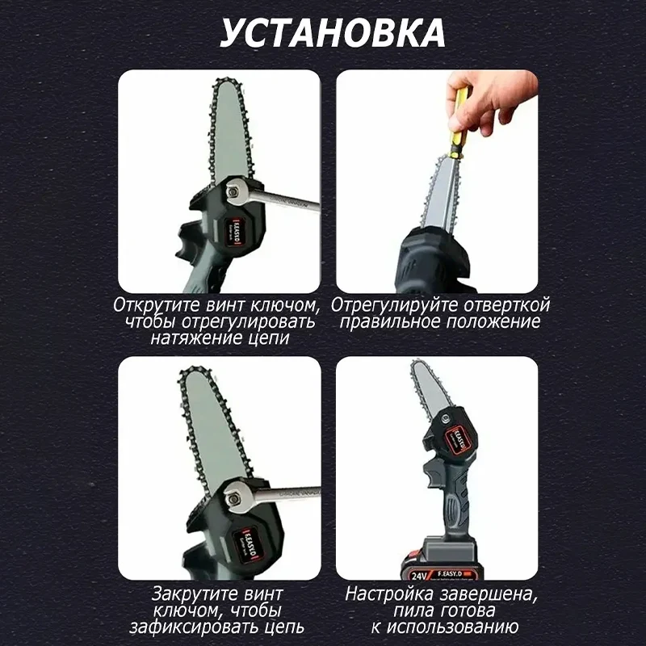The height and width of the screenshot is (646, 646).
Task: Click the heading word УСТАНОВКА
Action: pos(333,32)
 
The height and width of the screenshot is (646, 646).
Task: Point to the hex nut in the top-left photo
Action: pos(233,191)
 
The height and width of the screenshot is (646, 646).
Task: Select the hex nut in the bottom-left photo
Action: pos(233,498)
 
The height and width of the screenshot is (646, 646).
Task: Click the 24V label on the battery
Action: pos(418,575)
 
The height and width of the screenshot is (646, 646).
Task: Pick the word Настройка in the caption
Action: pos(389,594)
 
